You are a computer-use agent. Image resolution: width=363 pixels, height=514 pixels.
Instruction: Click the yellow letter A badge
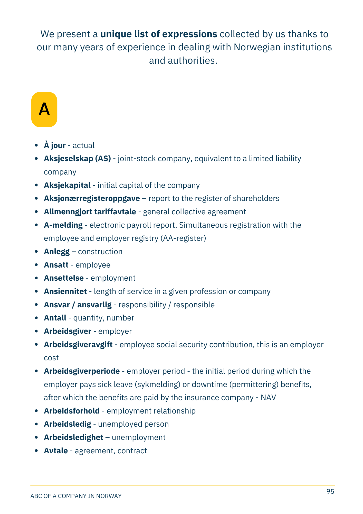[x=44, y=109]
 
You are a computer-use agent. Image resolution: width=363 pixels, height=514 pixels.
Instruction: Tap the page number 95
[x=330, y=491]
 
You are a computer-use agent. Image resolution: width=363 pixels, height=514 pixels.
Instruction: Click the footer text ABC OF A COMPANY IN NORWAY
[x=76, y=496]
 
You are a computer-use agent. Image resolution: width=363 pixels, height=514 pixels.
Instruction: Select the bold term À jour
[x=55, y=145]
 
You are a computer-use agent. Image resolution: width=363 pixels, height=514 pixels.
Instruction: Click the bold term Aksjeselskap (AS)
[x=77, y=159]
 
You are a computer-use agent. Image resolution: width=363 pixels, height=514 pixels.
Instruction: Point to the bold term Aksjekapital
[x=67, y=185]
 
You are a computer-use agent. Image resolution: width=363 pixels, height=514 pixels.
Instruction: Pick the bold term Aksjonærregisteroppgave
[x=92, y=198]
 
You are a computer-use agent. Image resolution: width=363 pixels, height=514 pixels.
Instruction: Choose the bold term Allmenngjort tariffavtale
[x=90, y=212]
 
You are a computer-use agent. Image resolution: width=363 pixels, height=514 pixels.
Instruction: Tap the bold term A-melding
[x=63, y=225]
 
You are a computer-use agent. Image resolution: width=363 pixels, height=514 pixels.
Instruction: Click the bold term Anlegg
[x=57, y=252]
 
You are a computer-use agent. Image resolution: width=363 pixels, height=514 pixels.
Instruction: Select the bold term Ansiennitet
[x=65, y=291]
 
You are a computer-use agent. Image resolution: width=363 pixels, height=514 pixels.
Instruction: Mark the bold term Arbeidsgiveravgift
[x=78, y=345]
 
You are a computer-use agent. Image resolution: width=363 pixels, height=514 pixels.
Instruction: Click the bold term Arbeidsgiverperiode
[x=82, y=371]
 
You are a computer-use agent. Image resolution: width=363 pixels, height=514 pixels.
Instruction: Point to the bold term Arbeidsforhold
[x=72, y=411]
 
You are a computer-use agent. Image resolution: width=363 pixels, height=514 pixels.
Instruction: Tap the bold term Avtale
[x=56, y=451]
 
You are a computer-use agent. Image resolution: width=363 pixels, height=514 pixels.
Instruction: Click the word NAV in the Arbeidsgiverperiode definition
[x=268, y=398]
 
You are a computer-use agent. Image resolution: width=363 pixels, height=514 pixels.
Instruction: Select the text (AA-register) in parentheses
[x=183, y=238]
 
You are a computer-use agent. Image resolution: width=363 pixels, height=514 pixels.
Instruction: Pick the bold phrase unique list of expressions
[x=159, y=34]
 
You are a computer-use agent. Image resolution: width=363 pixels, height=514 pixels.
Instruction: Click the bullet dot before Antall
[x=36, y=318]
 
